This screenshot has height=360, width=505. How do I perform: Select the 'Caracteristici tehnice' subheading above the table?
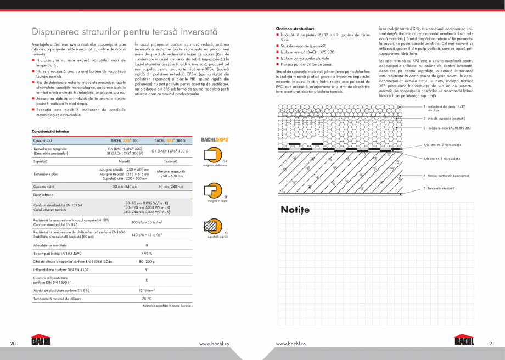pyautogui.click(x=50, y=132)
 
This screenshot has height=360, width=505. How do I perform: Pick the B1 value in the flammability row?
pyautogui.click(x=147, y=269)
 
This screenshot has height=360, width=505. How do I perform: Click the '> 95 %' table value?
pyautogui.click(x=147, y=253)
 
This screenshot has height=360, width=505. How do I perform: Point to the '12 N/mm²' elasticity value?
pyautogui.click(x=147, y=290)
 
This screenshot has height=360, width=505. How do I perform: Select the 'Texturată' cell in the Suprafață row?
pyautogui.click(x=170, y=162)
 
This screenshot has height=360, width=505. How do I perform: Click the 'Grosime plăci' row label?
pyautogui.click(x=44, y=187)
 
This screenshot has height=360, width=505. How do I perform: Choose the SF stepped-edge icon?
pyautogui.click(x=211, y=192)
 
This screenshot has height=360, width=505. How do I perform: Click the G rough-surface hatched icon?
pyautogui.click(x=211, y=227)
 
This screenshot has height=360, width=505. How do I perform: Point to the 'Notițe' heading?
pyautogui.click(x=295, y=210)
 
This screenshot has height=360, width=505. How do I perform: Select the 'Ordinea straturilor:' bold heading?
pyautogui.click(x=295, y=27)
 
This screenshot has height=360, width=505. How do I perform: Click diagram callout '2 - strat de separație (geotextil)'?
pyautogui.click(x=444, y=118)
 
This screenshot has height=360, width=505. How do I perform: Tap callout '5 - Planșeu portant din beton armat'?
pyautogui.click(x=446, y=176)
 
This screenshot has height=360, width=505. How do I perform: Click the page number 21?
pyautogui.click(x=491, y=344)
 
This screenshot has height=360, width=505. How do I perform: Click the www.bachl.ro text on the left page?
pyautogui.click(x=214, y=344)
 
